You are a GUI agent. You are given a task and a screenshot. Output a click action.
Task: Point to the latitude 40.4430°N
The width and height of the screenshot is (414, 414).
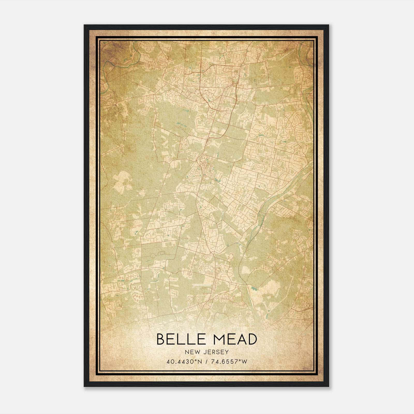pyautogui.click(x=184, y=361)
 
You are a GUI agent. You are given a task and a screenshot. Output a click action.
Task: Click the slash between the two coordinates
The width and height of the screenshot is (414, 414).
pyautogui.click(x=206, y=361)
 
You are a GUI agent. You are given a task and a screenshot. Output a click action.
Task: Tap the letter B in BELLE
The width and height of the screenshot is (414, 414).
pyautogui.click(x=161, y=339)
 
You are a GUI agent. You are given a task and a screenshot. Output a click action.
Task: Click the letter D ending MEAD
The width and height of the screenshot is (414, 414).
pyautogui.click(x=252, y=339)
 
